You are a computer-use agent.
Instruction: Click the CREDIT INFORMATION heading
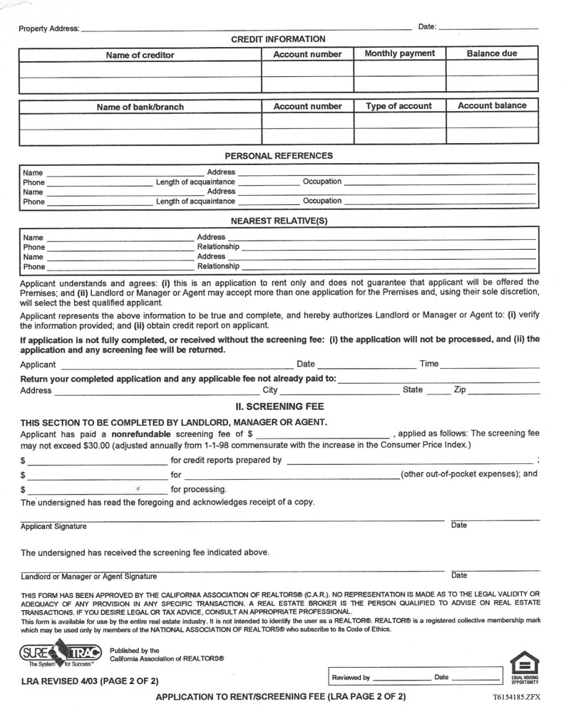click(x=278, y=39)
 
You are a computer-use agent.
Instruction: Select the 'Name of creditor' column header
click(x=140, y=55)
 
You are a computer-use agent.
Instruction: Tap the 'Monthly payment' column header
click(x=399, y=53)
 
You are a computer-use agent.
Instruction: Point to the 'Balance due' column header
click(x=492, y=53)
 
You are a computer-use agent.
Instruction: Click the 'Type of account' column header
click(x=398, y=106)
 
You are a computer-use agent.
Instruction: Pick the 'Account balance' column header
click(x=492, y=105)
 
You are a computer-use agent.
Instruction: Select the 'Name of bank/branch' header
click(x=140, y=107)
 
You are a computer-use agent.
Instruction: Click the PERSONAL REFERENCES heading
click(x=279, y=155)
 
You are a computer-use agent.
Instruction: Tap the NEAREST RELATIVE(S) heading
click(x=279, y=221)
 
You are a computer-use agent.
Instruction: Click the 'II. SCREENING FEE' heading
click(x=279, y=406)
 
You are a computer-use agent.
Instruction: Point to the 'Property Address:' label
click(x=49, y=28)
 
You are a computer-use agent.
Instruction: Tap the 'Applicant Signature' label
click(x=53, y=526)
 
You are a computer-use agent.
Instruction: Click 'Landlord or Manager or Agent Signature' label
click(x=89, y=576)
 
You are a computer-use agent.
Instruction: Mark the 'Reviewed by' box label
click(x=351, y=678)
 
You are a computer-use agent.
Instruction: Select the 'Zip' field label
click(x=460, y=390)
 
